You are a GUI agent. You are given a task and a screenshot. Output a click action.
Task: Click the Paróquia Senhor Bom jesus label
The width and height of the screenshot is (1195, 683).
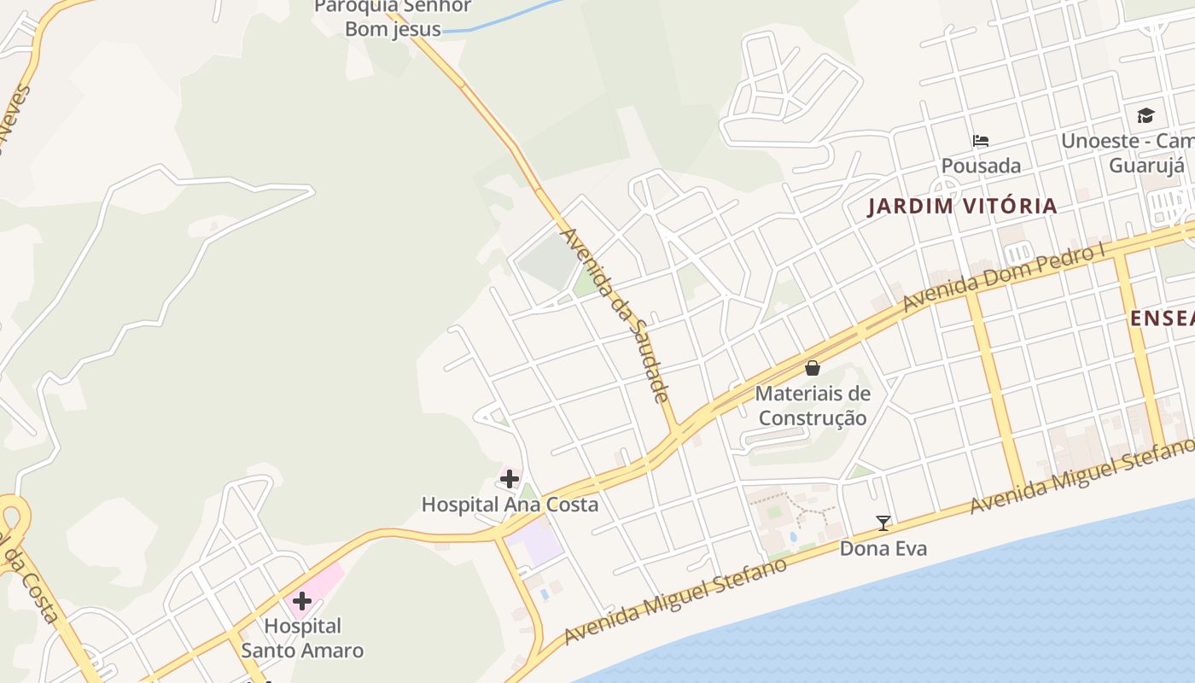(393, 17)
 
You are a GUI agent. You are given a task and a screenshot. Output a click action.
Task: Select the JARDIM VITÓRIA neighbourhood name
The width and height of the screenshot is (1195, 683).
(962, 206)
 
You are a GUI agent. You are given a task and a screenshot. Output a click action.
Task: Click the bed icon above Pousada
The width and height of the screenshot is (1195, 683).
(981, 141)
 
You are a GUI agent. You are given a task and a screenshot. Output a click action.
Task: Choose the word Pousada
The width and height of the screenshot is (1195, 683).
(981, 165)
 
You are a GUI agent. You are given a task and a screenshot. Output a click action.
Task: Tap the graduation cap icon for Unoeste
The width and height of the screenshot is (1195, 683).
(1145, 115)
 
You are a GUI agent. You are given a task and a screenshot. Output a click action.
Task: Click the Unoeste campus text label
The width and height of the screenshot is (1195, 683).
(1127, 152)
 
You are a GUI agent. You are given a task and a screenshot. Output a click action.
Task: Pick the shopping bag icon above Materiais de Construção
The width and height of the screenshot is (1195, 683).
(813, 368)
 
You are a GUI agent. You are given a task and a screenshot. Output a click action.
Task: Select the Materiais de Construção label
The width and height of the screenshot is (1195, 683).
(813, 406)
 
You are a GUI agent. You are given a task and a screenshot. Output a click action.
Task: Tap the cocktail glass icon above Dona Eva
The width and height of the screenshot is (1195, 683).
(883, 522)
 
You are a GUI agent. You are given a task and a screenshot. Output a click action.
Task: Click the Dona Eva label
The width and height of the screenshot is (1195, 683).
(883, 548)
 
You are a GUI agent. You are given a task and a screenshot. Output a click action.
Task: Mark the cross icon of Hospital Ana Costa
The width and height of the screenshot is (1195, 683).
(510, 479)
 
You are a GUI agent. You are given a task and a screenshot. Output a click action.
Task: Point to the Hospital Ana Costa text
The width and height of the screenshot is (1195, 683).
(510, 505)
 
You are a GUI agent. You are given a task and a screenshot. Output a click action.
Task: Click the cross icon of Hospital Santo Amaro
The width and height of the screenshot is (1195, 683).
(301, 601)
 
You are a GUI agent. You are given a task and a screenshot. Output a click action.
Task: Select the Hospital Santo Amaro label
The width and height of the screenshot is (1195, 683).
(302, 639)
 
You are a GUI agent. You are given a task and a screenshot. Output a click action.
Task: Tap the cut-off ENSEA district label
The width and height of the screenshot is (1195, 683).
(1162, 318)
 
